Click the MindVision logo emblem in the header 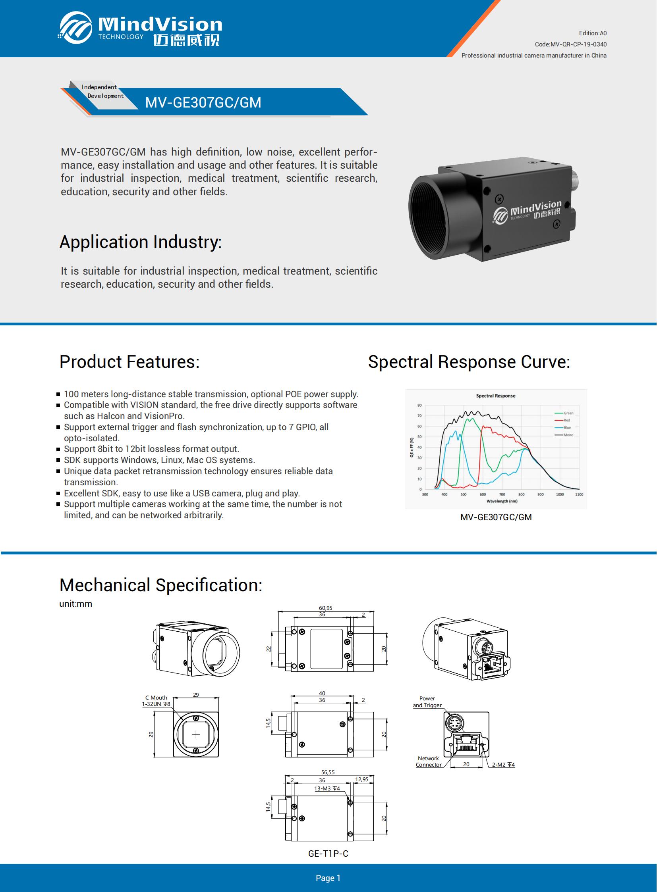point(75,27)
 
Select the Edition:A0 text point(592,33)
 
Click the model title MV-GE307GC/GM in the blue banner point(203,102)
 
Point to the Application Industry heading point(140,242)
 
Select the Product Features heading point(129,362)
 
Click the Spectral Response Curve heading point(469,362)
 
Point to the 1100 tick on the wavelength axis point(579,495)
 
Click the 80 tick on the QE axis point(419,406)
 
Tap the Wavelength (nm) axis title point(502,502)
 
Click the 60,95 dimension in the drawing point(325,608)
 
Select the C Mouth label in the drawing point(156,698)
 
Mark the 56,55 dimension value point(328,773)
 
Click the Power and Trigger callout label point(427,702)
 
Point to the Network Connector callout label point(428,762)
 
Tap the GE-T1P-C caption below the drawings point(328,854)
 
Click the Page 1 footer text point(328,878)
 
